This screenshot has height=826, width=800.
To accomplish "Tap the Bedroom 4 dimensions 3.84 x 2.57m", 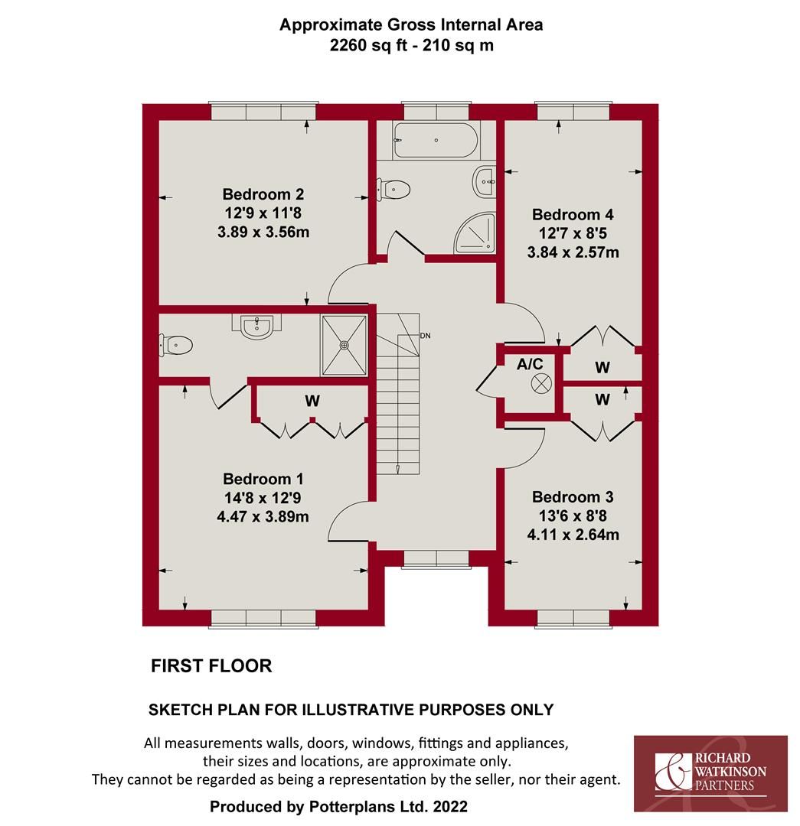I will point(573,252).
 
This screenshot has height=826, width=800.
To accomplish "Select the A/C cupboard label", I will point(530,365).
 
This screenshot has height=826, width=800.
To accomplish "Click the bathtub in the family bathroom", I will point(435,140).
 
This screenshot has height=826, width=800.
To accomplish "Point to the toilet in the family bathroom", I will point(393,188).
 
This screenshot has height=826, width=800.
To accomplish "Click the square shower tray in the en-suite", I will point(344,346).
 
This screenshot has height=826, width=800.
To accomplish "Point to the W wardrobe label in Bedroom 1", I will point(312,400).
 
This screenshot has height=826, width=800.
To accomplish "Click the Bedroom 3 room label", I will point(573,496).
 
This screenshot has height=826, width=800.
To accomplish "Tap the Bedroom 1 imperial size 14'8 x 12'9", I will point(263,498).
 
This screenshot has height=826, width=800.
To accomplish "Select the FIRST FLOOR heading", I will point(211,666).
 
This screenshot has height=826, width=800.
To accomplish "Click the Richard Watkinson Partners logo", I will point(710,773).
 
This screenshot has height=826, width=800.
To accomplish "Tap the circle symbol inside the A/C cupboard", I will point(541,384).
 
